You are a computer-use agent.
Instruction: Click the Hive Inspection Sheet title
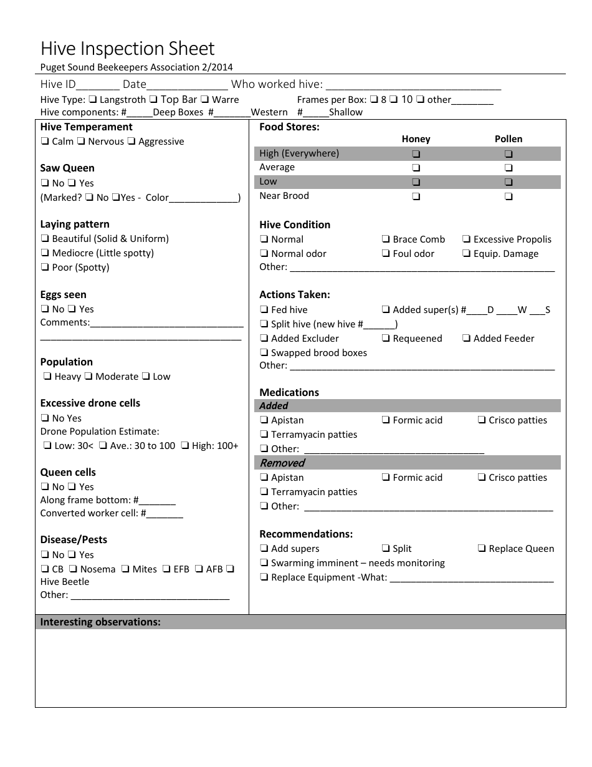pos(127,49)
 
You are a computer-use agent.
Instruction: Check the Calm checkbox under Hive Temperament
pos(45,142)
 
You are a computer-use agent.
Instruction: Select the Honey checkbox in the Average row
pos(416,168)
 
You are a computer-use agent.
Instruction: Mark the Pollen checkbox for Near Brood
pos(508,196)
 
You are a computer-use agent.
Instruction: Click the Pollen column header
pos(508,139)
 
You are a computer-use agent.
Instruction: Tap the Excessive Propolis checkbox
pos(467,239)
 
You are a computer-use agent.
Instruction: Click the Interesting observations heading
pos(100,622)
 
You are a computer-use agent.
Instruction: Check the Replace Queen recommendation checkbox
pos(482,549)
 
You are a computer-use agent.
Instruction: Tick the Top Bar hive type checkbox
pos(153,100)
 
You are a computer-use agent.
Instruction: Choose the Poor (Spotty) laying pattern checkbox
pos(45,268)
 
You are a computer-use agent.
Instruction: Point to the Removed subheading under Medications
pos(282,463)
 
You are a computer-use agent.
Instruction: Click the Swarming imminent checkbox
pos(264,563)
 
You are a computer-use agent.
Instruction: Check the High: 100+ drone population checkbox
pos(186,446)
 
